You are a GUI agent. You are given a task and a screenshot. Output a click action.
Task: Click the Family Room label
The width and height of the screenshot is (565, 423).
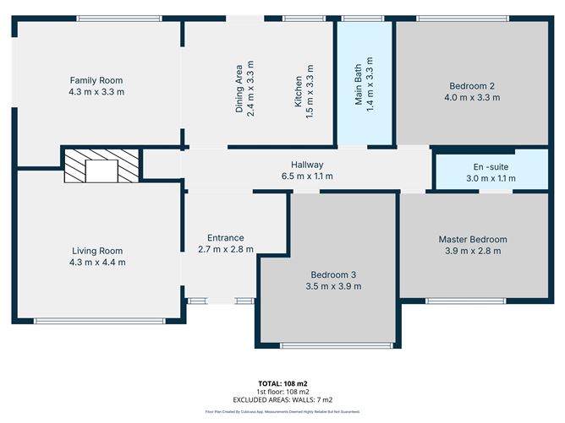point(96,80)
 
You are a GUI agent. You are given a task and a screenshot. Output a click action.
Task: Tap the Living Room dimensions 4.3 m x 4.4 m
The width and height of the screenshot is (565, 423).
point(96,263)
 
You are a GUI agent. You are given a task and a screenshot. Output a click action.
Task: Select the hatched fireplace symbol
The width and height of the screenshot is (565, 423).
point(101,166)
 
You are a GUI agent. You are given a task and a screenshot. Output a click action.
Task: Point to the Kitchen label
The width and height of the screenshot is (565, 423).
point(298,89)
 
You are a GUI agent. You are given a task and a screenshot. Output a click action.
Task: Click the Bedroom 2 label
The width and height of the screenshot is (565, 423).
point(471,85)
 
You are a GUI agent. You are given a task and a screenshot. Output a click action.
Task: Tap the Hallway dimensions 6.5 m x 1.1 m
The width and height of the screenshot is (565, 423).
point(307,176)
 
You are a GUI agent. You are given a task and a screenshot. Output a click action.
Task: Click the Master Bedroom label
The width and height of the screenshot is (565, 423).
point(473,239)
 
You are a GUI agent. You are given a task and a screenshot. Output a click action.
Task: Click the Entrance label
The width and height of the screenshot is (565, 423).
point(226,238)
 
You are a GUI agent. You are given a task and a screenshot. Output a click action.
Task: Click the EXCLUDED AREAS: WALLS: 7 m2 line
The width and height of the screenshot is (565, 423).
point(283,399)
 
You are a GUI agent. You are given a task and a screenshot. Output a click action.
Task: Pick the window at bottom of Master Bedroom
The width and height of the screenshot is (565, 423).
point(468,301)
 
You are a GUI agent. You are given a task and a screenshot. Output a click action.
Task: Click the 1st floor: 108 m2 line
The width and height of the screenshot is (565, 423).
point(283,392)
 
